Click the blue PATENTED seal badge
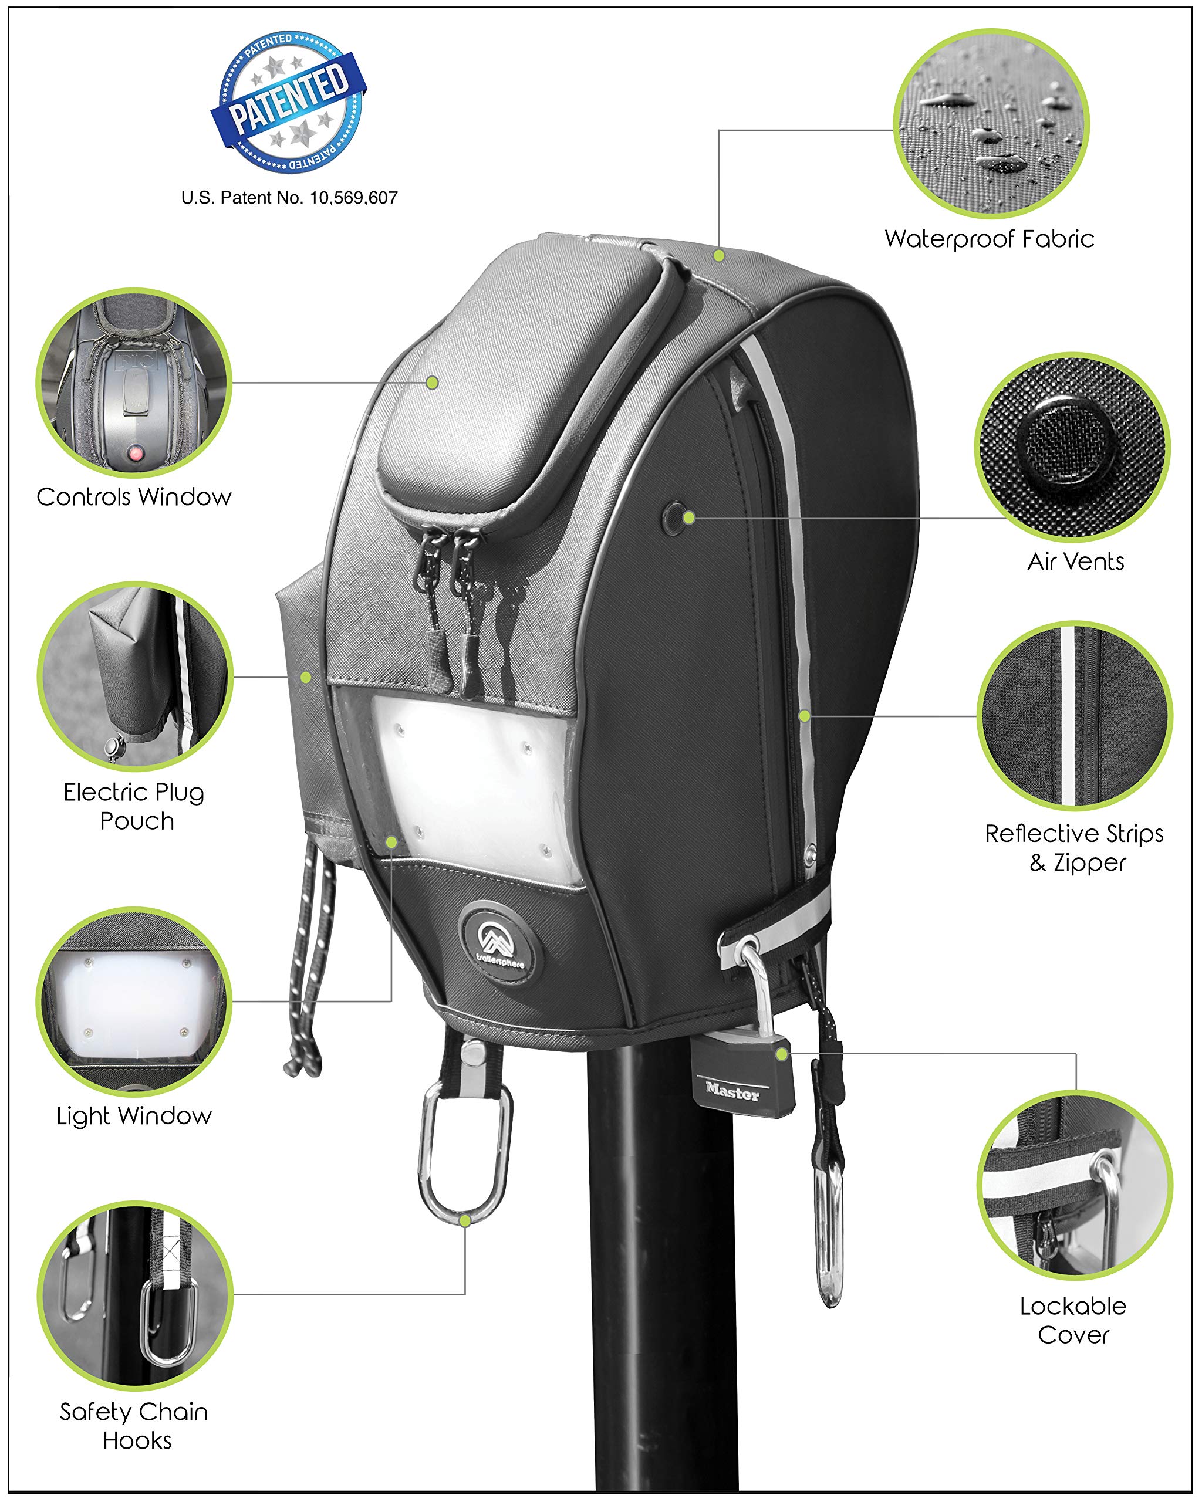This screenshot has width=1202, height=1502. click(x=289, y=101)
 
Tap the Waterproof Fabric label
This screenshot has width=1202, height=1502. click(x=989, y=239)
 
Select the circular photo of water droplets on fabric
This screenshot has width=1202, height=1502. click(x=991, y=123)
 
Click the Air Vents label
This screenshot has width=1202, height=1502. click(x=1075, y=561)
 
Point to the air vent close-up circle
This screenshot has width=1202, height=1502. click(x=1072, y=447)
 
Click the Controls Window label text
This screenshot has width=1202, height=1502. click(x=134, y=497)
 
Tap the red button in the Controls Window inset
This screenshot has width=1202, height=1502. click(x=135, y=454)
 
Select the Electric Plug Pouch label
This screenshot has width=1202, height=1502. click(x=134, y=806)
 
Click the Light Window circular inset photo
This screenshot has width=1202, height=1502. click(x=134, y=1001)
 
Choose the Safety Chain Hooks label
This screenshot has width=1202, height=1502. click(x=134, y=1425)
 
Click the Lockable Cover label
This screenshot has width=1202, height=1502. click(x=1073, y=1320)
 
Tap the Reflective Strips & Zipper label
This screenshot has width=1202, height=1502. click(x=1074, y=848)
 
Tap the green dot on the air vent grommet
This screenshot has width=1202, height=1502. click(x=688, y=517)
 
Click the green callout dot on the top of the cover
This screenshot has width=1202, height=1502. click(x=718, y=256)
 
